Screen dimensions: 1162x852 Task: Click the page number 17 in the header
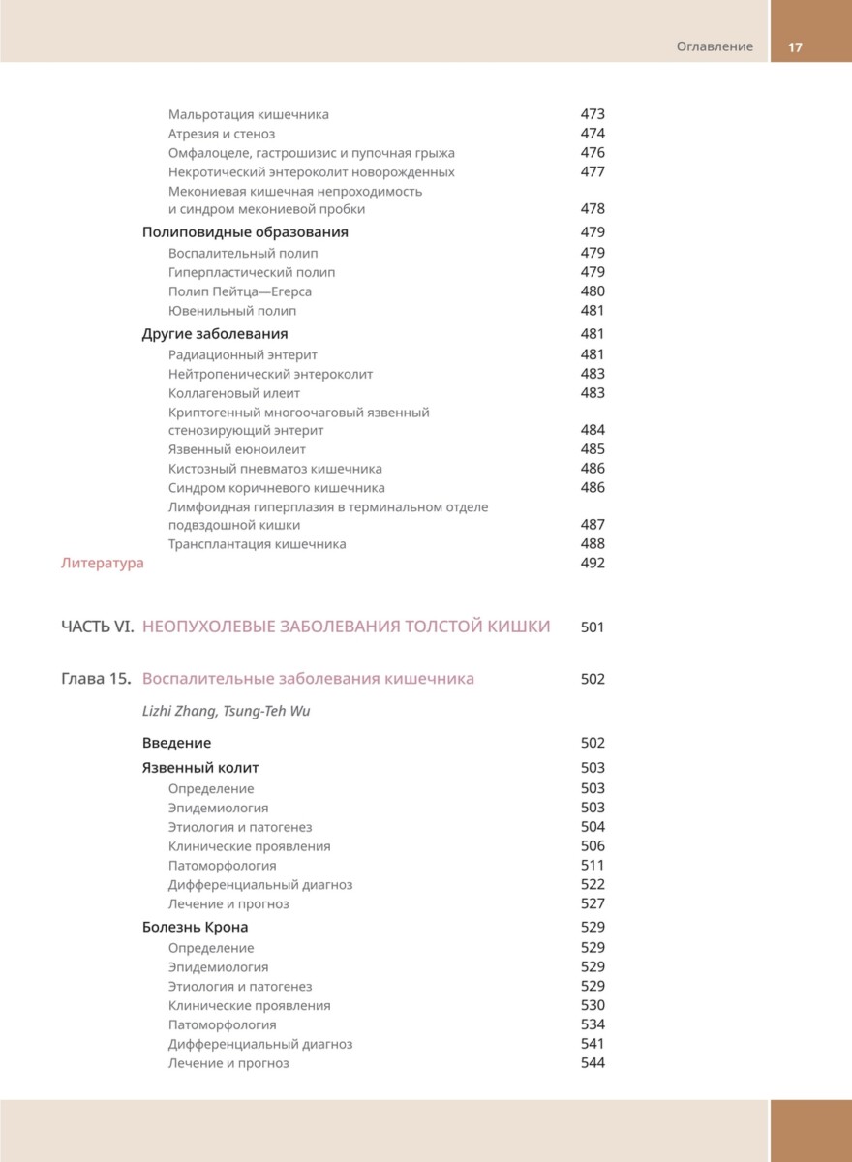coord(796,46)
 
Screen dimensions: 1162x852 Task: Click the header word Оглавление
coord(715,46)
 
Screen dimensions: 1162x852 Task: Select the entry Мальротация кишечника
coord(249,114)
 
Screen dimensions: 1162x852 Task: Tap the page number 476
coord(593,153)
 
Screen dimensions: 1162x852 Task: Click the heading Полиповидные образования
coord(245,232)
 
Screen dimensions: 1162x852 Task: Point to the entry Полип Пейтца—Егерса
coord(240,291)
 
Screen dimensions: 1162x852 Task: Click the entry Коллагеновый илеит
coord(234,393)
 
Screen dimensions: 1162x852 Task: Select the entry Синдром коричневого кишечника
coord(277,488)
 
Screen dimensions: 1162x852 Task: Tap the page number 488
coord(593,544)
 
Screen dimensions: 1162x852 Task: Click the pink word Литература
coord(102,564)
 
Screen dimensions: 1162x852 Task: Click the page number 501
coord(593,627)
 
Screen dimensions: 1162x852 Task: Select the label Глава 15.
coord(96,679)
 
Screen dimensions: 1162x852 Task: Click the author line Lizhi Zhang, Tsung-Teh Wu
coord(227,711)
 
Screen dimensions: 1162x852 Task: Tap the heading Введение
coord(176,743)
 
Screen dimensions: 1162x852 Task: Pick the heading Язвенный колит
coord(200,768)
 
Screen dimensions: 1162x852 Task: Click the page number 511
coord(593,866)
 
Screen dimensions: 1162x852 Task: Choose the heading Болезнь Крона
coord(195,927)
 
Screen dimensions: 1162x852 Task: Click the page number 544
coord(593,1063)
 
